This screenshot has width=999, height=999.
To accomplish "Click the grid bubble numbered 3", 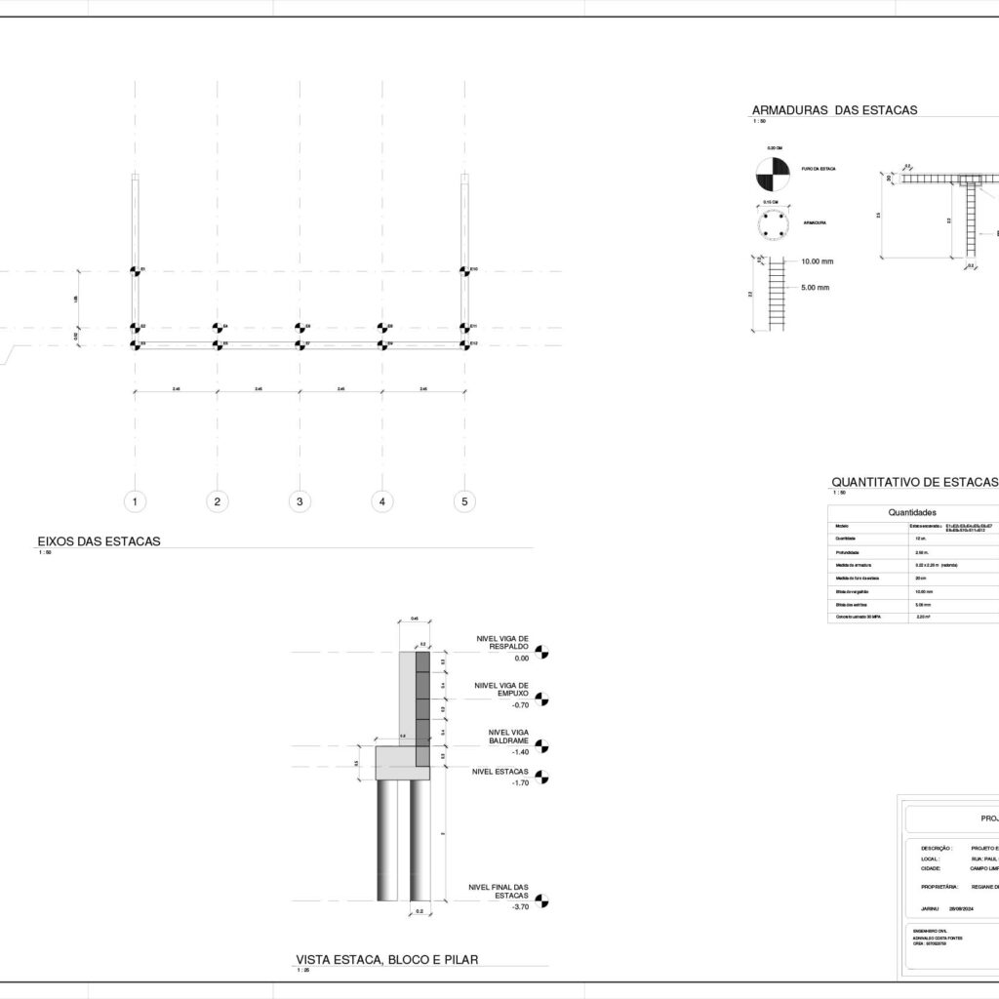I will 300,501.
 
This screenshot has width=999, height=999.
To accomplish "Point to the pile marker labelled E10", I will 465,271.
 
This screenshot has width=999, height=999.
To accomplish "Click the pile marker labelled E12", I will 465,344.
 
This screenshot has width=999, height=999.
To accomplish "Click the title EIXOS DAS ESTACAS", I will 99,540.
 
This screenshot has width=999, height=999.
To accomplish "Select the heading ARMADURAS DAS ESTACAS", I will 834,110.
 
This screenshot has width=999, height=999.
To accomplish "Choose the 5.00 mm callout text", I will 816,288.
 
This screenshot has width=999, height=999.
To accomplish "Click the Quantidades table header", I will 913,511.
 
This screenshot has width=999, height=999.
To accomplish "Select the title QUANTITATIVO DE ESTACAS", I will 914,482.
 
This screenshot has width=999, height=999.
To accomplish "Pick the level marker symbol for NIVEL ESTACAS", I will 542,779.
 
